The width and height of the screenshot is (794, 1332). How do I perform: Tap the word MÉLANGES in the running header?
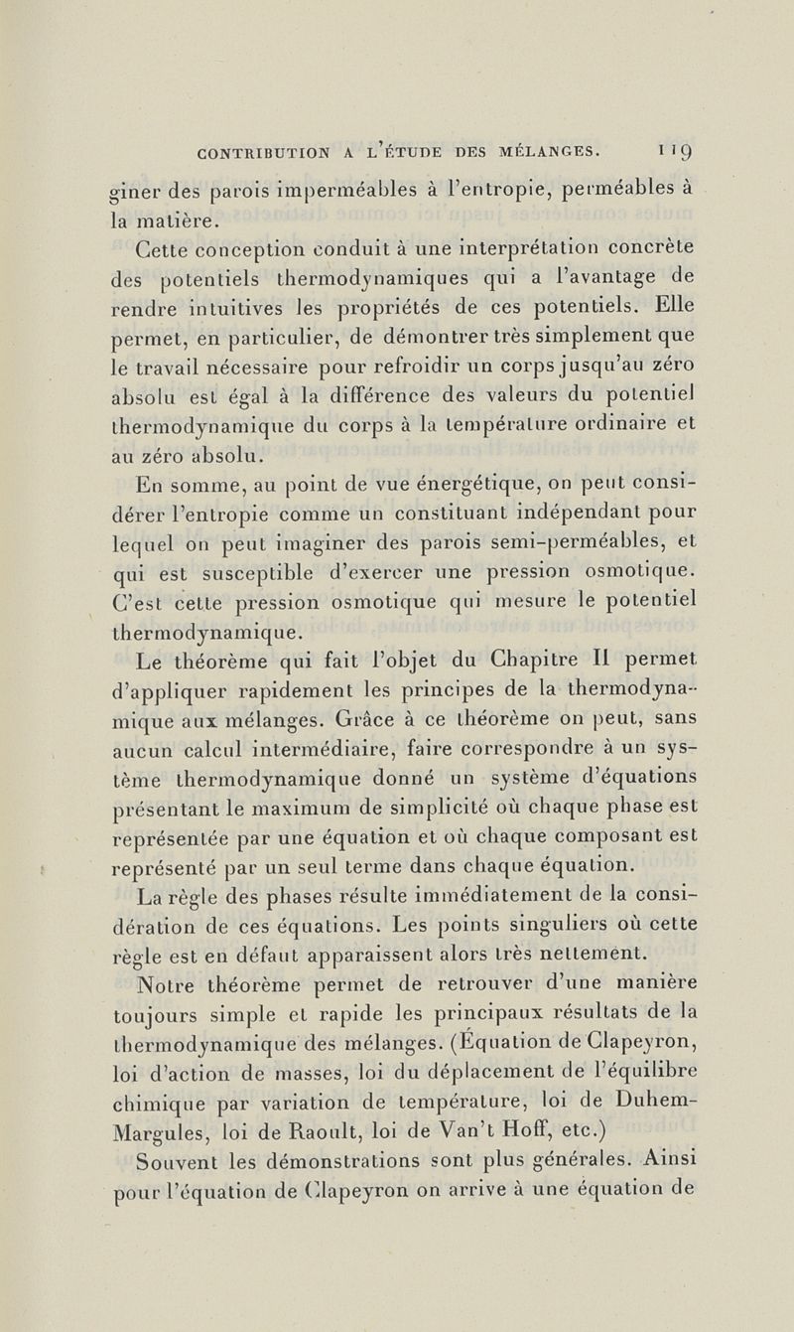point(550,151)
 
